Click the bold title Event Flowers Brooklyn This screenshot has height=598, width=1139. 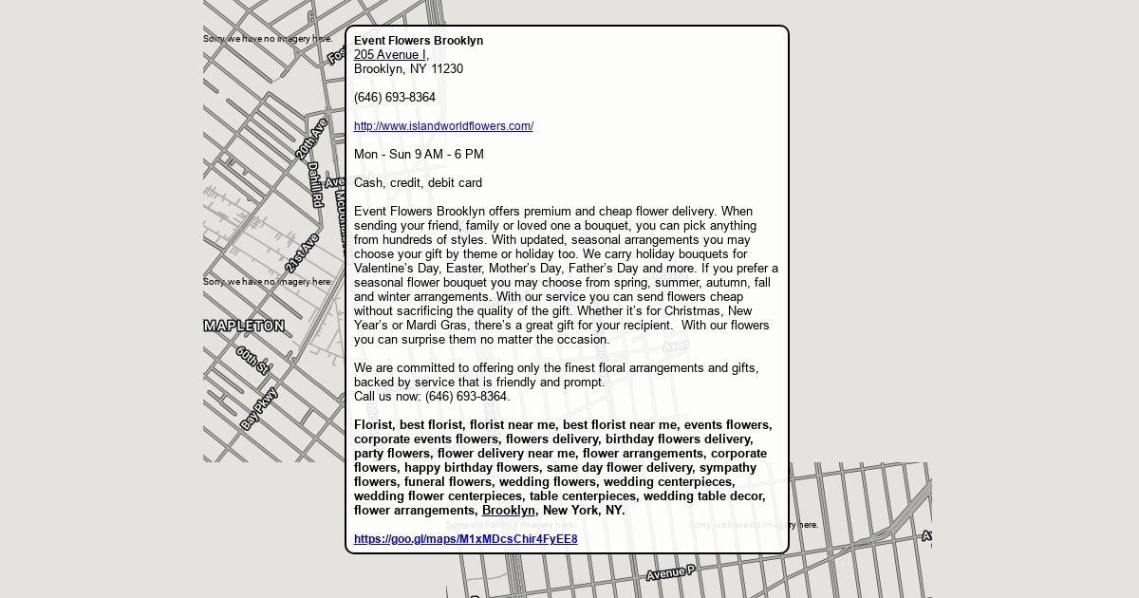(419, 41)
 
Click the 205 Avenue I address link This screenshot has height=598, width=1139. (390, 55)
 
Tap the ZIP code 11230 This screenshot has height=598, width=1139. (447, 69)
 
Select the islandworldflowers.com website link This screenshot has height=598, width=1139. (443, 126)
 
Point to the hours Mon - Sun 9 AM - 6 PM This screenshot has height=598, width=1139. (419, 155)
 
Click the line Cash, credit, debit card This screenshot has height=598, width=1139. (418, 183)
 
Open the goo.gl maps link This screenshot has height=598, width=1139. (465, 539)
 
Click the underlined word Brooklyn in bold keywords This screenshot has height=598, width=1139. (509, 511)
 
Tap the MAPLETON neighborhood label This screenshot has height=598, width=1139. (244, 326)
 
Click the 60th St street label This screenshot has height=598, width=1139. (252, 360)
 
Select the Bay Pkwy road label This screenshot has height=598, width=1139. (259, 408)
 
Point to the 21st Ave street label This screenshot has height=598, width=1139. (302, 252)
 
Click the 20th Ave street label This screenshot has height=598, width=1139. (311, 138)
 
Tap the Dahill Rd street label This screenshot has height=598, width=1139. (314, 184)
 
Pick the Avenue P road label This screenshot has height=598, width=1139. (671, 572)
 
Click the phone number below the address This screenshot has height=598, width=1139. (395, 98)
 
